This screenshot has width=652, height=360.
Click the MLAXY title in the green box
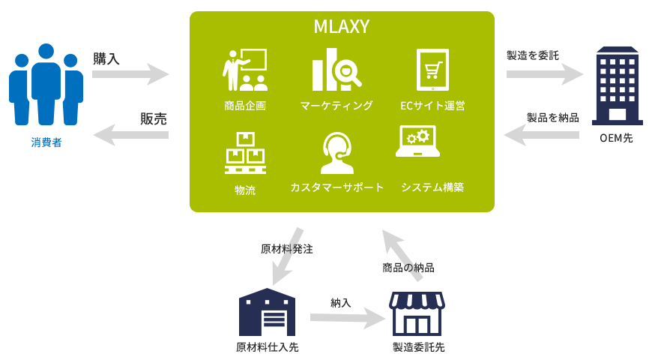(341, 27)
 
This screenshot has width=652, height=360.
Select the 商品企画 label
(244, 106)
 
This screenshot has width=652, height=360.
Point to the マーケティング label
(336, 106)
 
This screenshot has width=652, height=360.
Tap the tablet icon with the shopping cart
(432, 70)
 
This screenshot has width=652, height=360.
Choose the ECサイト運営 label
(433, 106)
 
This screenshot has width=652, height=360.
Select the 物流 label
(245, 190)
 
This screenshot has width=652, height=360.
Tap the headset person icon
(336, 153)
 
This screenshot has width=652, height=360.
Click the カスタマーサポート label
(336, 187)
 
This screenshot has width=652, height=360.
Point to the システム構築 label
(432, 187)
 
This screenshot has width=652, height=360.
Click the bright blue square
(46, 83)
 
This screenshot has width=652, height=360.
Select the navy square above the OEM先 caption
(618, 85)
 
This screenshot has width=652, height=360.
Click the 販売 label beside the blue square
(154, 118)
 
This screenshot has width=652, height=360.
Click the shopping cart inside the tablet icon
(432, 70)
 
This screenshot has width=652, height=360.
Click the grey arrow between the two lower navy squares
(347, 319)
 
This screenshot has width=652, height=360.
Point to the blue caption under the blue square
(46, 142)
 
